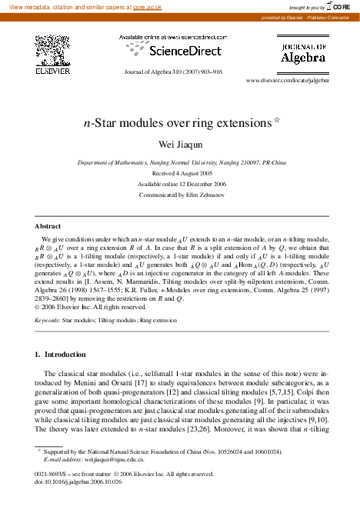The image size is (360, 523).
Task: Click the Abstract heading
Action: pyautogui.click(x=47, y=227)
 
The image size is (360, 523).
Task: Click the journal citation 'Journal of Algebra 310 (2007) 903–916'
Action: pyautogui.click(x=173, y=72)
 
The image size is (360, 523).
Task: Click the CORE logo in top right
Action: pyautogui.click(x=340, y=6)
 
